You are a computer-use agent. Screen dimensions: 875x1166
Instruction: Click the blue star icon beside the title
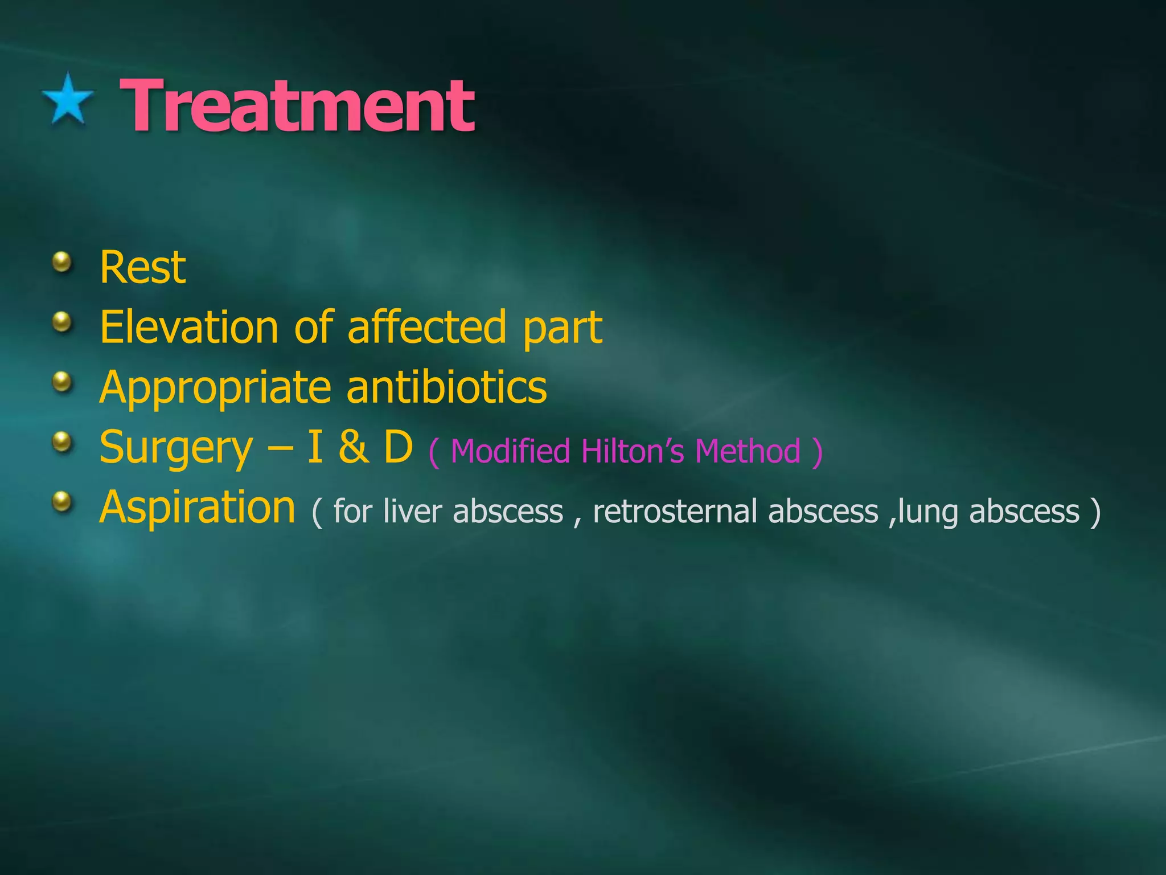coord(68,100)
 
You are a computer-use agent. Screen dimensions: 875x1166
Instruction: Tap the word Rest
coord(142,267)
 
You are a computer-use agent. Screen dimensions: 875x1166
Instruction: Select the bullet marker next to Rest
coord(62,263)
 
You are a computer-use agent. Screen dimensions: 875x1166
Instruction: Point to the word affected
coord(426,327)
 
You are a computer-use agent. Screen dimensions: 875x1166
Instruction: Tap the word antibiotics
coord(446,387)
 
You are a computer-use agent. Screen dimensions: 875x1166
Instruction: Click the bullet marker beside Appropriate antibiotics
coord(62,382)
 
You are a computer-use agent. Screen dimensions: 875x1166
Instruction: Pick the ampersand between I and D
coord(353,447)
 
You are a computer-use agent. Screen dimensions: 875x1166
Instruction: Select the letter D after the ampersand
coord(398,447)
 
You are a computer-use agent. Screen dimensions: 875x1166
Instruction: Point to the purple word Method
coord(748,452)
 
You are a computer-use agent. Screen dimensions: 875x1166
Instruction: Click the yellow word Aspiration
coord(197,508)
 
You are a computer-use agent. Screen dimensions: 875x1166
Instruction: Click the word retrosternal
coord(675,511)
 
